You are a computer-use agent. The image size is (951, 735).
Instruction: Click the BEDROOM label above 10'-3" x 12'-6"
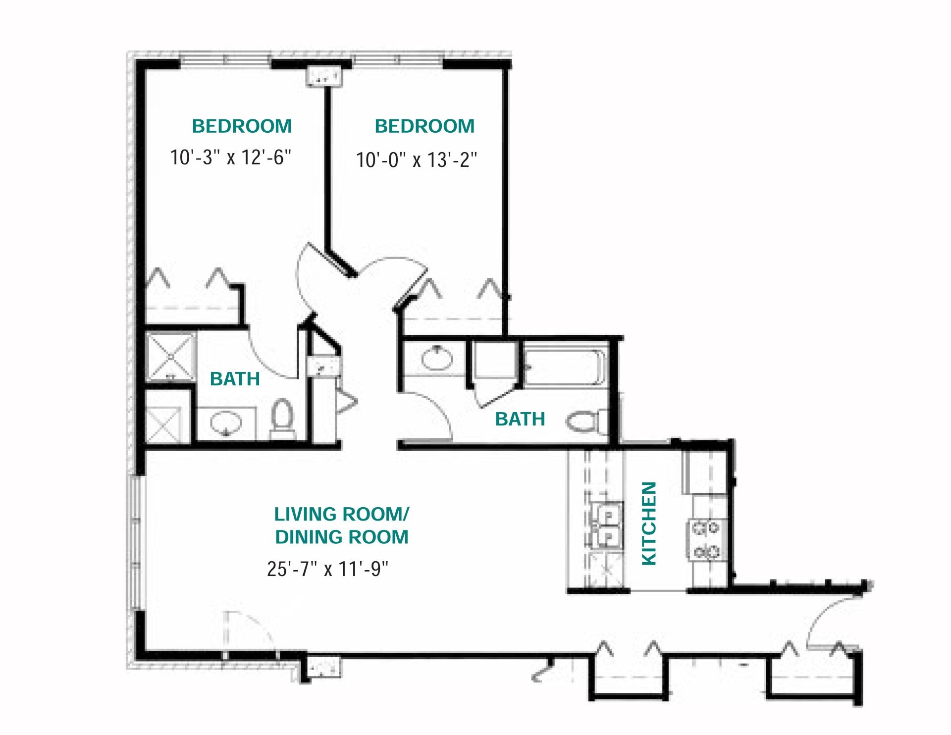click(x=242, y=126)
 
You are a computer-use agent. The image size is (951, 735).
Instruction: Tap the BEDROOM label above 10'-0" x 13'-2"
click(x=424, y=126)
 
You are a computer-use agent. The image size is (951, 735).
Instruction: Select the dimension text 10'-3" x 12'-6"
click(x=230, y=157)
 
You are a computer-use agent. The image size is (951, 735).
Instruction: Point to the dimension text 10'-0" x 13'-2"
click(x=417, y=160)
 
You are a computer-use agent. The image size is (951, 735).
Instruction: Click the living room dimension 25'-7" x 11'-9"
click(x=327, y=569)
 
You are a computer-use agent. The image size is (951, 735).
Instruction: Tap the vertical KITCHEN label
click(x=649, y=523)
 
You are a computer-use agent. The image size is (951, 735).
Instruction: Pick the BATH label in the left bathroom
click(x=235, y=379)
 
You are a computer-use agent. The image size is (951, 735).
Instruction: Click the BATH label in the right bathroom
click(x=520, y=419)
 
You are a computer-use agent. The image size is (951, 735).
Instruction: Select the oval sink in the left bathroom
click(x=226, y=422)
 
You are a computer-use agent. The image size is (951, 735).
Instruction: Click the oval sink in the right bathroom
click(x=437, y=358)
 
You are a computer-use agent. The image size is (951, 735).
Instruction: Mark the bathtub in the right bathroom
click(x=565, y=367)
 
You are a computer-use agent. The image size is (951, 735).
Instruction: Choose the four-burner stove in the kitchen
click(x=706, y=539)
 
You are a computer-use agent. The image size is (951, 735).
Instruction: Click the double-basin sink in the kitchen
click(x=608, y=526)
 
